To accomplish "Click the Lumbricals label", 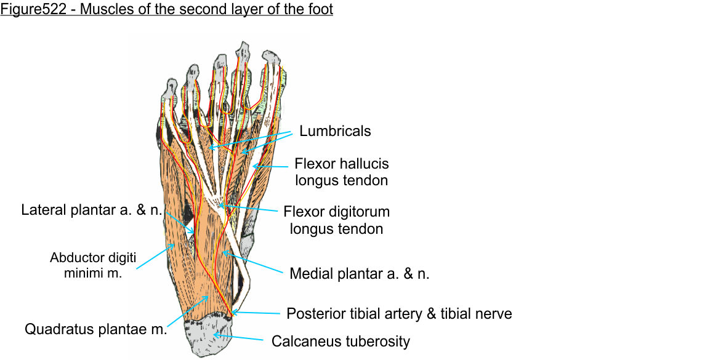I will pyautogui.click(x=335, y=131).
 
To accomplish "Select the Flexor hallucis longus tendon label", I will pyautogui.click(x=341, y=172).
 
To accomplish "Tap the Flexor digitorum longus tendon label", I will pyautogui.click(x=336, y=220).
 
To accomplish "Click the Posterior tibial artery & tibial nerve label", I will pyautogui.click(x=399, y=314).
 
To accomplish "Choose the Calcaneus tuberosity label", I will pyautogui.click(x=341, y=341).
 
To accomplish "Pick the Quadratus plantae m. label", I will pyautogui.click(x=96, y=329).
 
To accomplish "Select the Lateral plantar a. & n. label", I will pyautogui.click(x=92, y=210).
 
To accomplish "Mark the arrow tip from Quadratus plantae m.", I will pyautogui.click(x=208, y=297).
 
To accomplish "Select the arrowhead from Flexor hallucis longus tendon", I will pyautogui.click(x=254, y=167).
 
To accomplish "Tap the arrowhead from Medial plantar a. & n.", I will pyautogui.click(x=222, y=252).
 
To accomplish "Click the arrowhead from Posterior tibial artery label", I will pyautogui.click(x=233, y=313).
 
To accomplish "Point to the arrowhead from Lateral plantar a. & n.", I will pyautogui.click(x=194, y=232).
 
